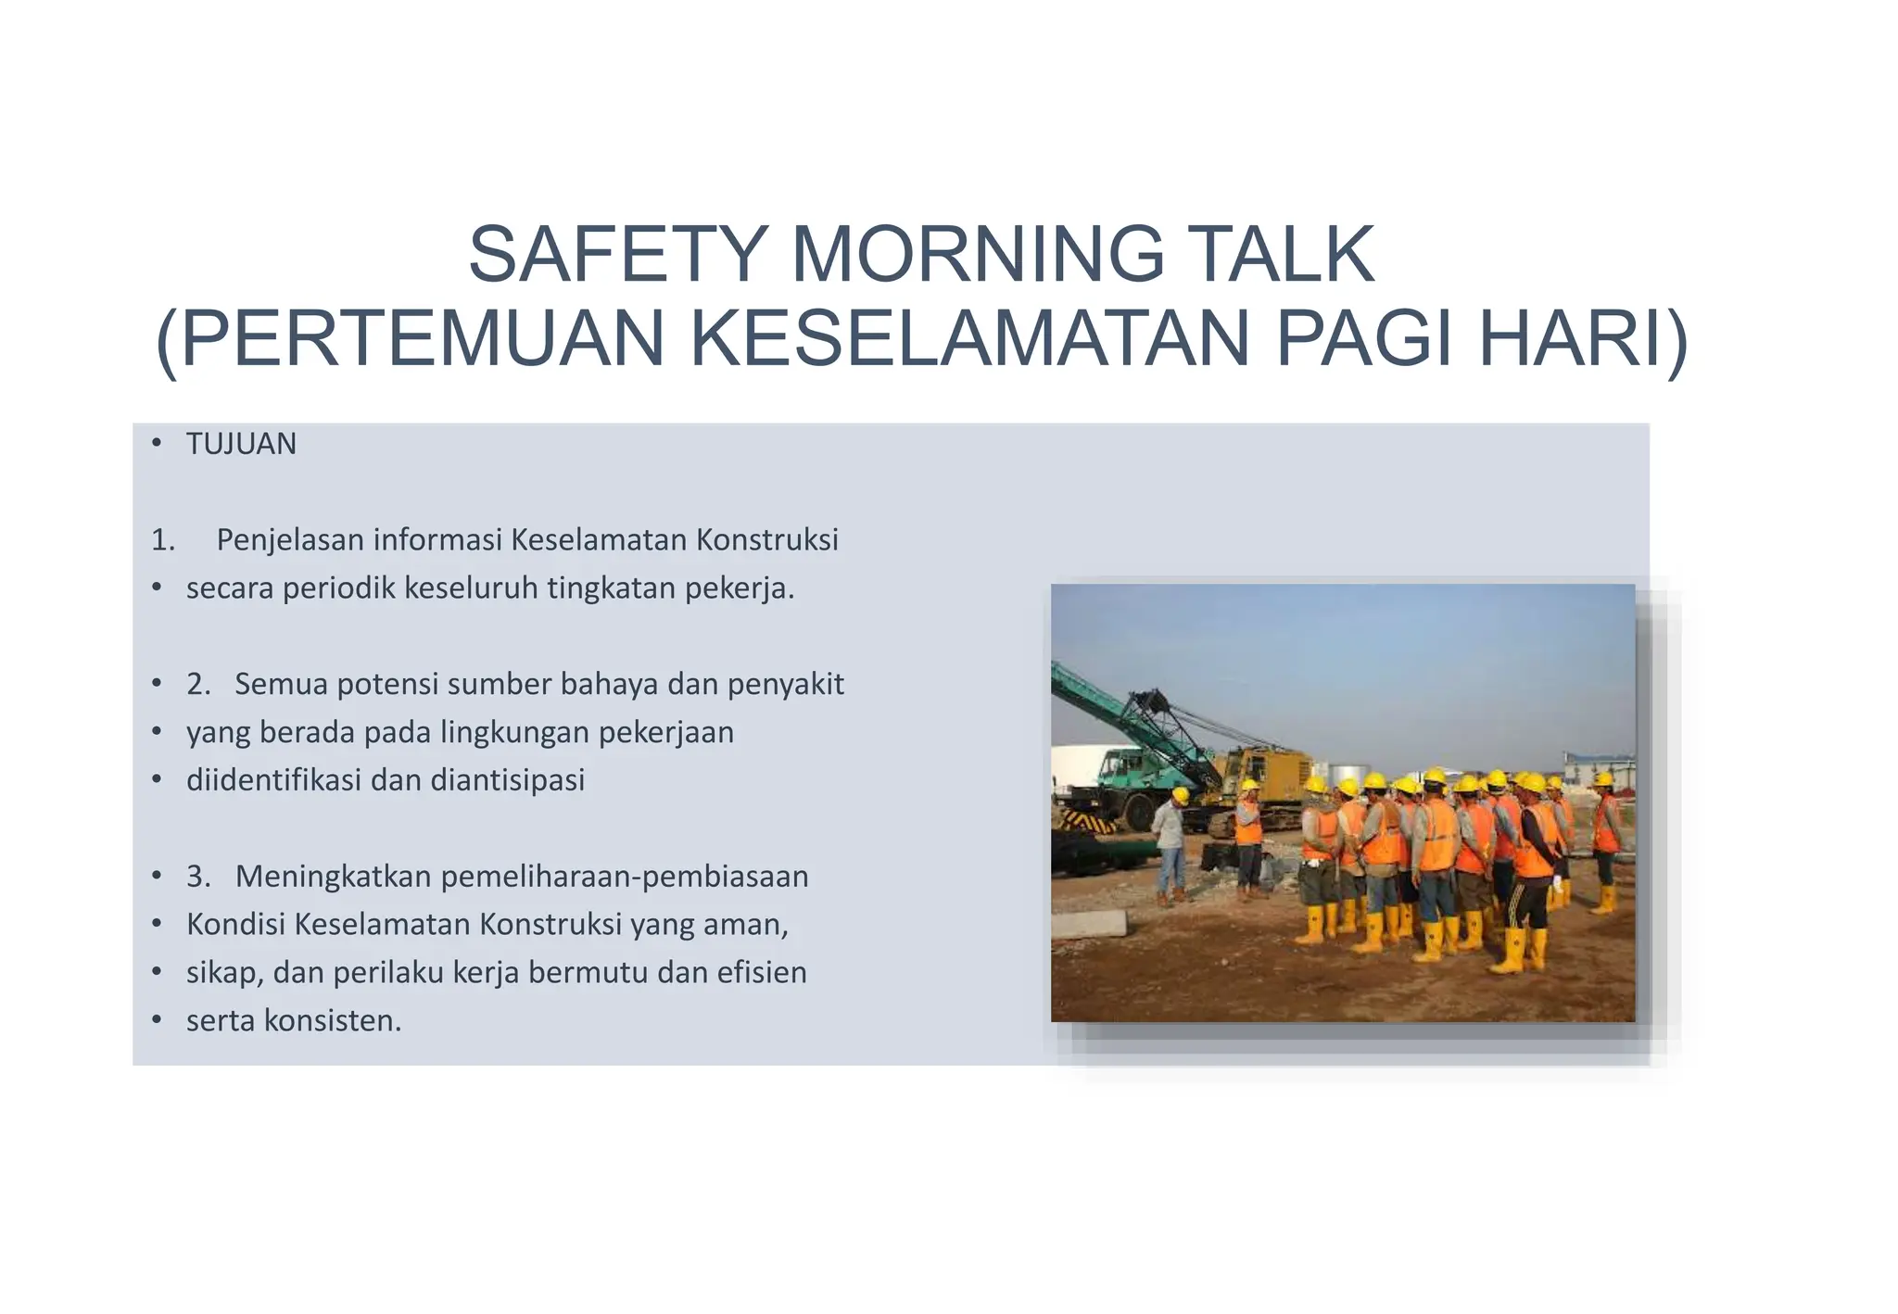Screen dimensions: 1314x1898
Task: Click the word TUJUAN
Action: click(x=241, y=445)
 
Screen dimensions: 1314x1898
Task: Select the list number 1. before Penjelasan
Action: click(x=163, y=540)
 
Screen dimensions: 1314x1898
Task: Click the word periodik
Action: click(x=339, y=588)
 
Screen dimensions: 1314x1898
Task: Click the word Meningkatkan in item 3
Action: click(x=335, y=876)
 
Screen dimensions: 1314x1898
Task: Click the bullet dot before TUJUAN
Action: click(x=157, y=445)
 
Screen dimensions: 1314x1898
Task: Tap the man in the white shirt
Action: click(x=1170, y=843)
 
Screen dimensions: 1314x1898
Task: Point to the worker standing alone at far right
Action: click(x=1605, y=839)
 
